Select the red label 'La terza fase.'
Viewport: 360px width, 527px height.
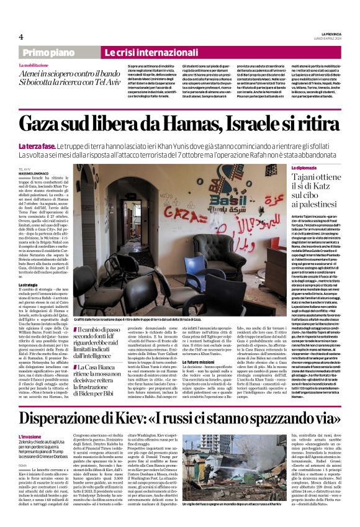(37, 146)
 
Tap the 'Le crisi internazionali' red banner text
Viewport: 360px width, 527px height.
(143, 53)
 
